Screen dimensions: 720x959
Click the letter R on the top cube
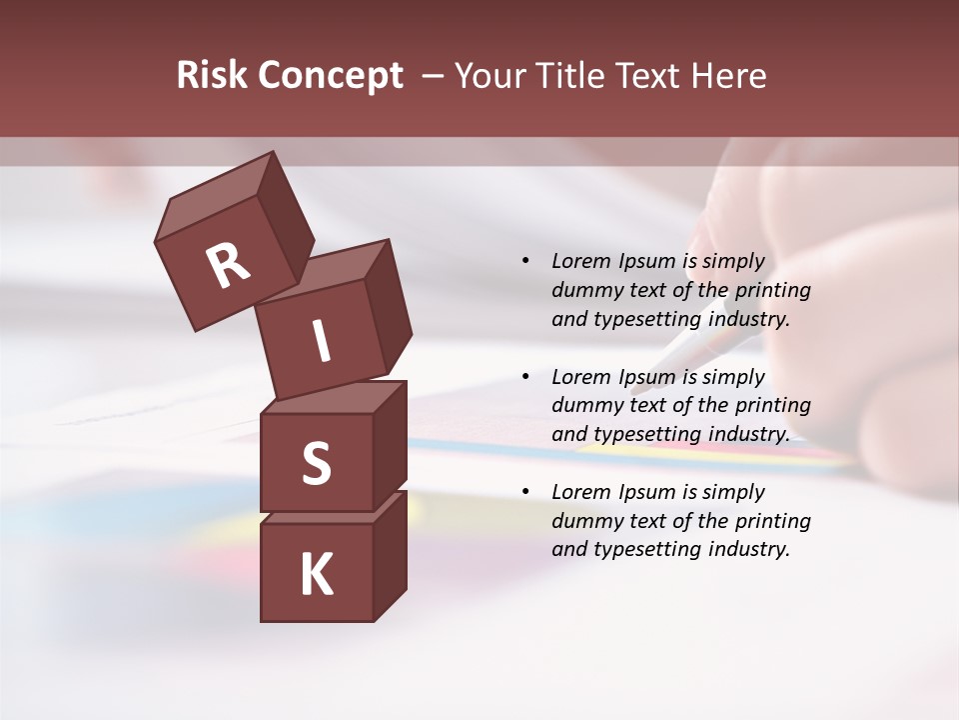pyautogui.click(x=228, y=265)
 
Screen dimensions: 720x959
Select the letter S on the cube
pyautogui.click(x=316, y=464)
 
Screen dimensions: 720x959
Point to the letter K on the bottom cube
pyautogui.click(x=316, y=575)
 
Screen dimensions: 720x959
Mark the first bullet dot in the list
pyautogui.click(x=525, y=261)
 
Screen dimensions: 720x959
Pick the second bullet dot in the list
pyautogui.click(x=525, y=377)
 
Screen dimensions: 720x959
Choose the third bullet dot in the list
pyautogui.click(x=525, y=492)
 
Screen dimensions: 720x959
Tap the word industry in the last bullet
pyautogui.click(x=749, y=549)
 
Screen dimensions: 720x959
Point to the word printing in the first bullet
pyautogui.click(x=772, y=290)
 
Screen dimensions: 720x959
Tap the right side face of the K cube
pyautogui.click(x=390, y=555)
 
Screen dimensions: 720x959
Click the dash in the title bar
pyautogui.click(x=434, y=76)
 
